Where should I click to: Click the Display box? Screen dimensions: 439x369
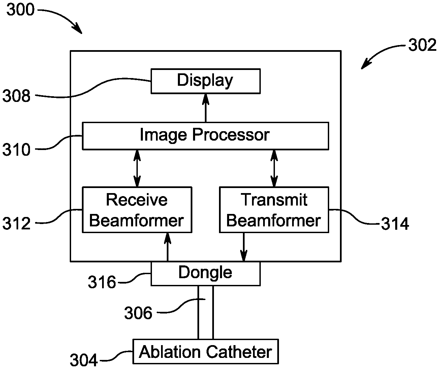coord(206,81)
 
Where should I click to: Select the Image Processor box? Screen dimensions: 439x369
coord(206,136)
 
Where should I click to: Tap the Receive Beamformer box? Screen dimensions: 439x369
coord(137,210)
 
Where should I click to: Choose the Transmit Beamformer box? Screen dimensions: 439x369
coord(274,210)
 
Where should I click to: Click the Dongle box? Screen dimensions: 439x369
coord(206,273)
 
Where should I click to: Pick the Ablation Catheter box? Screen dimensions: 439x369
coord(206,352)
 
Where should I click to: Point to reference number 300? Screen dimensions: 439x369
coord(21,10)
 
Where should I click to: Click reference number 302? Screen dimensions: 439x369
coord(422,45)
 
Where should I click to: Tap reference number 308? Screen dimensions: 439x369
coord(17,96)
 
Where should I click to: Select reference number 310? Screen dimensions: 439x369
coord(17,150)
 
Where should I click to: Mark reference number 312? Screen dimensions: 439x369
coord(17,223)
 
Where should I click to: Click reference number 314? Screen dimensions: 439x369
coord(395,224)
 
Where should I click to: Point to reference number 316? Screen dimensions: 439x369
coord(102,282)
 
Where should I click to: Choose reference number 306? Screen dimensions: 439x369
coord(138,313)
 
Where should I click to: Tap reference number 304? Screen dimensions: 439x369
coord(84,360)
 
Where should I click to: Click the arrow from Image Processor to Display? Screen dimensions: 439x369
coord(206,108)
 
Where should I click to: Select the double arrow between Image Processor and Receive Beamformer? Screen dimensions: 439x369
coord(137,168)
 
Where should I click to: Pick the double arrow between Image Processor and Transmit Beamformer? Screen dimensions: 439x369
coord(274,168)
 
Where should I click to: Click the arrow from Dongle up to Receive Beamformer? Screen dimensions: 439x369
coord(167,247)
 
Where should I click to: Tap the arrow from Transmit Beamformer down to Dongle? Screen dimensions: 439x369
coord(244,247)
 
